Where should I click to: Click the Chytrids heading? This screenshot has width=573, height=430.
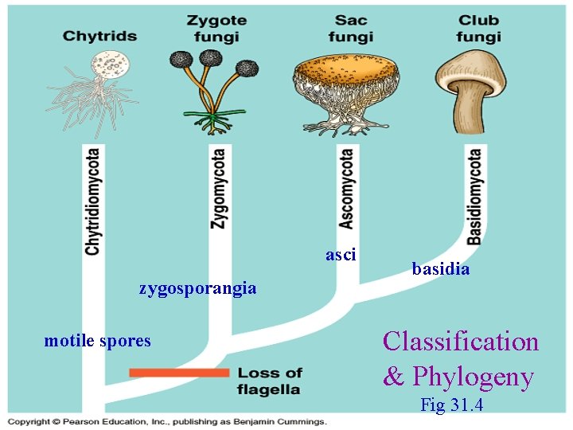(99, 36)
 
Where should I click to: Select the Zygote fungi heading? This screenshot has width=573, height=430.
(216, 28)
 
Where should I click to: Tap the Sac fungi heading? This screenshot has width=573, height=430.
(350, 28)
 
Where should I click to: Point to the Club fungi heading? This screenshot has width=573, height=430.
(478, 28)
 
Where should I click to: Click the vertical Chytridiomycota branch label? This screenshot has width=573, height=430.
(93, 201)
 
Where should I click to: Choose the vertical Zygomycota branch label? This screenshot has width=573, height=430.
(218, 189)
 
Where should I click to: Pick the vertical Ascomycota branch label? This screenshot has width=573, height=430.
(347, 189)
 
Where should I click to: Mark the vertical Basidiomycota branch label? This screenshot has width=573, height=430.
(474, 197)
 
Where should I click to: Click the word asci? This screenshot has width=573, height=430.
(341, 255)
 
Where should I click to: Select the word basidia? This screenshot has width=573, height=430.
(441, 269)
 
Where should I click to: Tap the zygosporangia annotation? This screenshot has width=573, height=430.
(197, 288)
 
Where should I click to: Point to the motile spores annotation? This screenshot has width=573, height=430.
(97, 341)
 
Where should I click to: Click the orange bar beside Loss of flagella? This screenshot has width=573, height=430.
(179, 373)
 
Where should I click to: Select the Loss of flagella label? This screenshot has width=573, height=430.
(270, 381)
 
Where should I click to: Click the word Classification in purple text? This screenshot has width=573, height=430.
(461, 342)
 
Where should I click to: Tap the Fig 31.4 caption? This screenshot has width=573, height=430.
(451, 405)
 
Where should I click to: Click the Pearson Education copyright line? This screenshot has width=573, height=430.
(168, 421)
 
